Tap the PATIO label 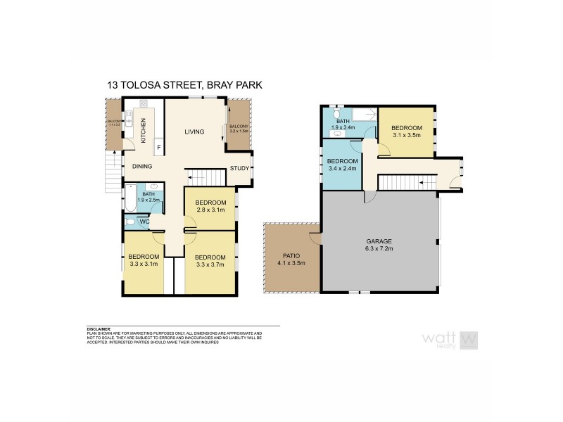coord(292,257)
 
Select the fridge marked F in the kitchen coord(158,147)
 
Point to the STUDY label coord(239,168)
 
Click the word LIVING coord(194,132)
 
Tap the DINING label coord(143,167)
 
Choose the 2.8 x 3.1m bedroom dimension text coord(209,210)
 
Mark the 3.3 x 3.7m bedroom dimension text coord(209,264)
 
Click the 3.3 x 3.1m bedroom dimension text coord(143,264)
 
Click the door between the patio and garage coord(321,238)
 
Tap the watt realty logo coord(450,339)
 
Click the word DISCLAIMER coord(99,328)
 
